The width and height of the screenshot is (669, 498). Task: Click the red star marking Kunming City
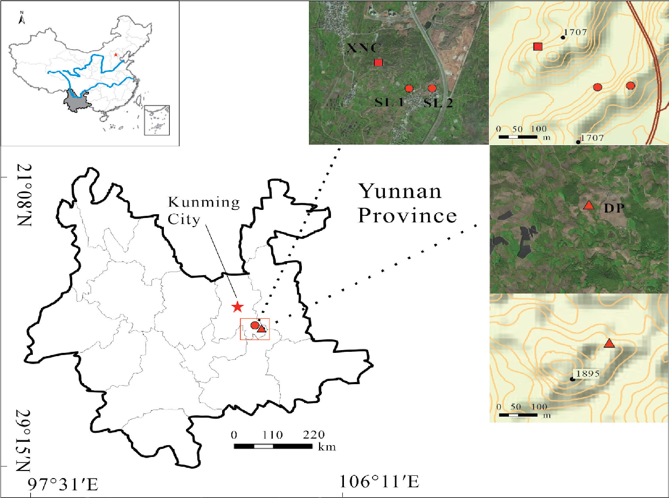pyautogui.click(x=237, y=307)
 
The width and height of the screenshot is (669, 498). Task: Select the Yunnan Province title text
pyautogui.click(x=408, y=203)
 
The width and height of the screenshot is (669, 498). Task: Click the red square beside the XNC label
pyautogui.click(x=378, y=63)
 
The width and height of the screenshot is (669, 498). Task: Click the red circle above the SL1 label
pyautogui.click(x=409, y=88)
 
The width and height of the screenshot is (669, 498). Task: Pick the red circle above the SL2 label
pyautogui.click(x=432, y=88)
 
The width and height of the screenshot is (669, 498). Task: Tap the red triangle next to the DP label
pyautogui.click(x=589, y=206)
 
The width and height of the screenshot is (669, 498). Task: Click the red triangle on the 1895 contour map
pyautogui.click(x=609, y=344)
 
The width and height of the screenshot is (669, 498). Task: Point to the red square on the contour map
pyautogui.click(x=537, y=46)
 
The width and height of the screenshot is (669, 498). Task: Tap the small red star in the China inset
pyautogui.click(x=115, y=55)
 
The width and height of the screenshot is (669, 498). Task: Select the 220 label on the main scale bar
pyautogui.click(x=314, y=435)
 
